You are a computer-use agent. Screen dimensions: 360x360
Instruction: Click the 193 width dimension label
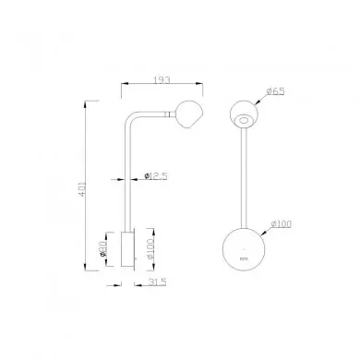point(162,80)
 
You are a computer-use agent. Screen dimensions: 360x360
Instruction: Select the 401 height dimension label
point(82,189)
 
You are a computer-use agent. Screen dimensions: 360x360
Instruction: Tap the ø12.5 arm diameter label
point(156,176)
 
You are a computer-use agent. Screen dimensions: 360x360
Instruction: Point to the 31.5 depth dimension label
point(157,282)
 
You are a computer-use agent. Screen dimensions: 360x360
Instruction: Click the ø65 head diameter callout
point(276,91)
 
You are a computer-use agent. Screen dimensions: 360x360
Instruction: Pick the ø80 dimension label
point(102,249)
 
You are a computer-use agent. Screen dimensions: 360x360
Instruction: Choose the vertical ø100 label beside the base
point(150,248)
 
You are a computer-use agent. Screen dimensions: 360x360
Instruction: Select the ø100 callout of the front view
point(281,224)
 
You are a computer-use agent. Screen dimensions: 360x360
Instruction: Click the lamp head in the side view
point(188,114)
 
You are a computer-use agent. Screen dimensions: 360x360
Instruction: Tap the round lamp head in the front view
point(245,114)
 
